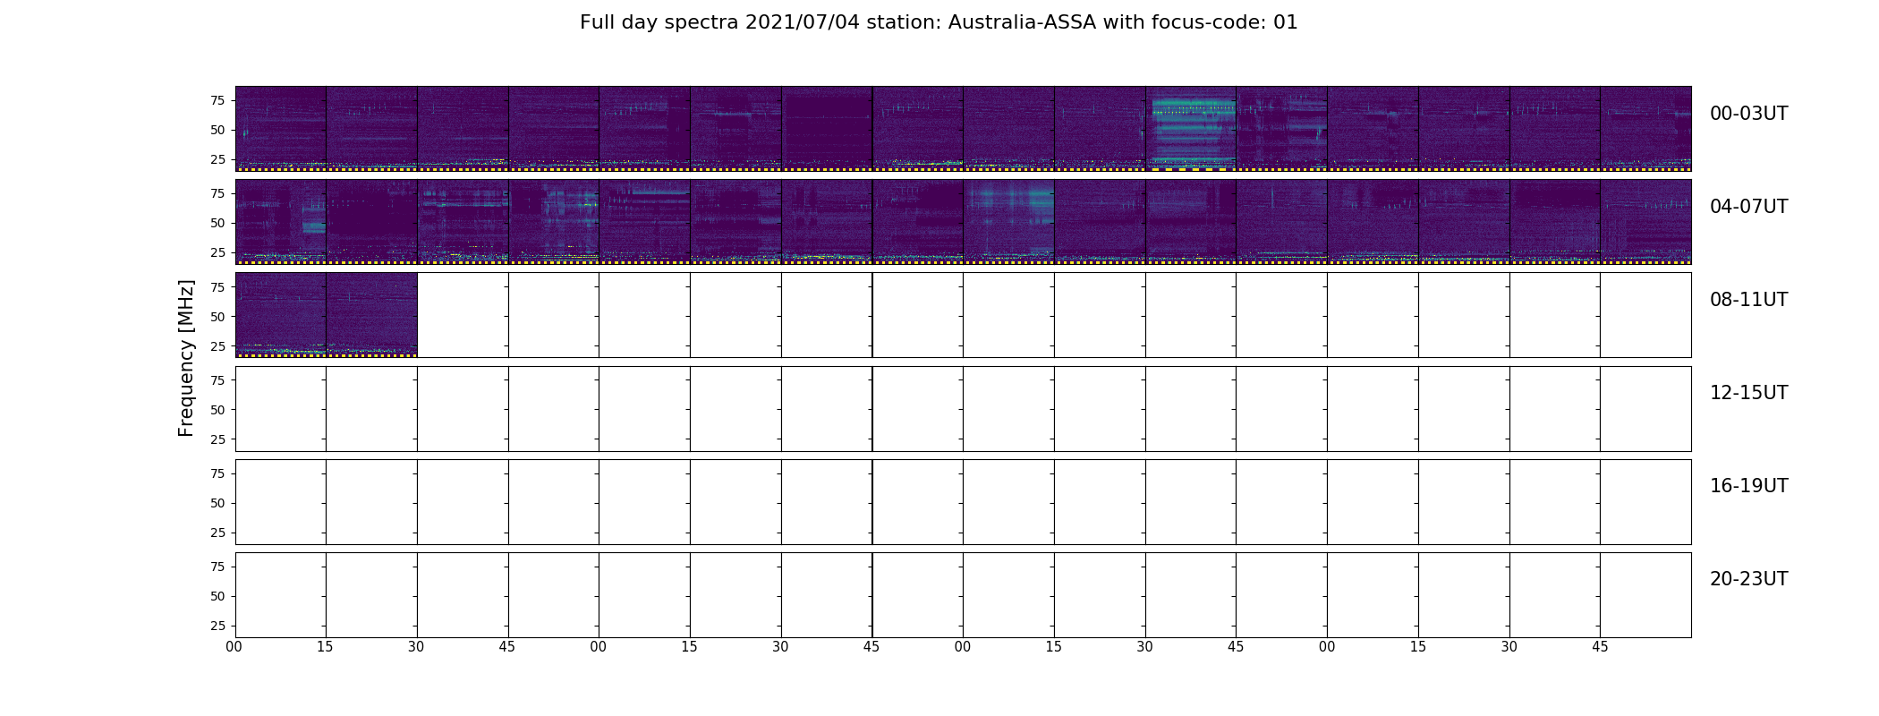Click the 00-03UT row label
pyautogui.click(x=1748, y=114)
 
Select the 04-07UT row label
pyautogui.click(x=1748, y=207)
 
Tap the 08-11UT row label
pyautogui.click(x=1748, y=300)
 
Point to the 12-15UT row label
pyautogui.click(x=1748, y=393)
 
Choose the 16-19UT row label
pyautogui.click(x=1748, y=486)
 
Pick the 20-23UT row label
pyautogui.click(x=1748, y=579)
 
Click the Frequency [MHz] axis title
pyautogui.click(x=186, y=358)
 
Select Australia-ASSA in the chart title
pyautogui.click(x=1022, y=22)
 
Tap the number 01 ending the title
pyautogui.click(x=1286, y=22)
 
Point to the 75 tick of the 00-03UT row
pyautogui.click(x=217, y=100)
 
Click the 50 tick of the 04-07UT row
pyautogui.click(x=217, y=223)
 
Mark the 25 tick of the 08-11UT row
pyautogui.click(x=217, y=345)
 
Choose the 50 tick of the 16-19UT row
pyautogui.click(x=217, y=503)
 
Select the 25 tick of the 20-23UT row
pyautogui.click(x=217, y=626)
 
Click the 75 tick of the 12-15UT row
pyautogui.click(x=217, y=380)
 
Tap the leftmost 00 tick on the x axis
pyautogui.click(x=234, y=647)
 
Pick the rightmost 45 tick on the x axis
pyautogui.click(x=1600, y=647)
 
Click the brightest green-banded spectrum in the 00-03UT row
pyautogui.click(x=1191, y=128)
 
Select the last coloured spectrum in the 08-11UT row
pyautogui.click(x=371, y=315)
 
